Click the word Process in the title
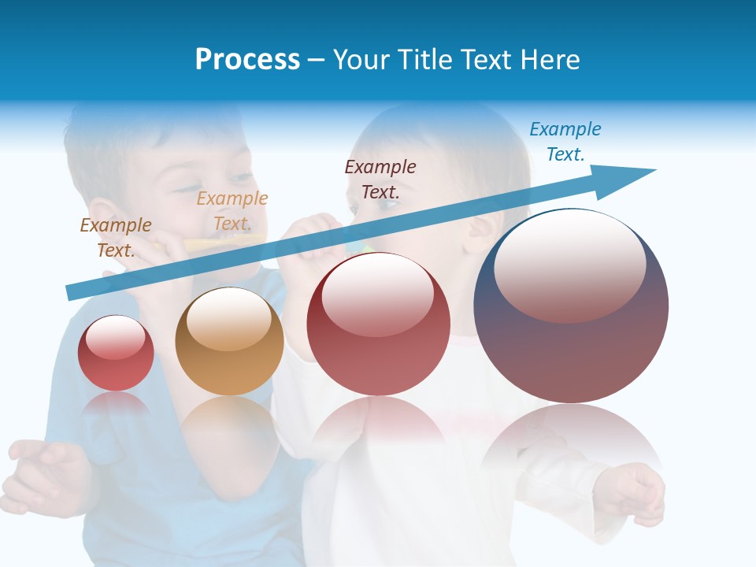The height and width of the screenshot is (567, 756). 247,60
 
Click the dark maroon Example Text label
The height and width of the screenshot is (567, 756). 380,179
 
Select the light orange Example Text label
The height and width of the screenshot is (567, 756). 232,211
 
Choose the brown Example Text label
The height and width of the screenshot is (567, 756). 116,237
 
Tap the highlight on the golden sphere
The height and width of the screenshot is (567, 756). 228,319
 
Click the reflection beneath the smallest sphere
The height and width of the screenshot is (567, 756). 116,405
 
